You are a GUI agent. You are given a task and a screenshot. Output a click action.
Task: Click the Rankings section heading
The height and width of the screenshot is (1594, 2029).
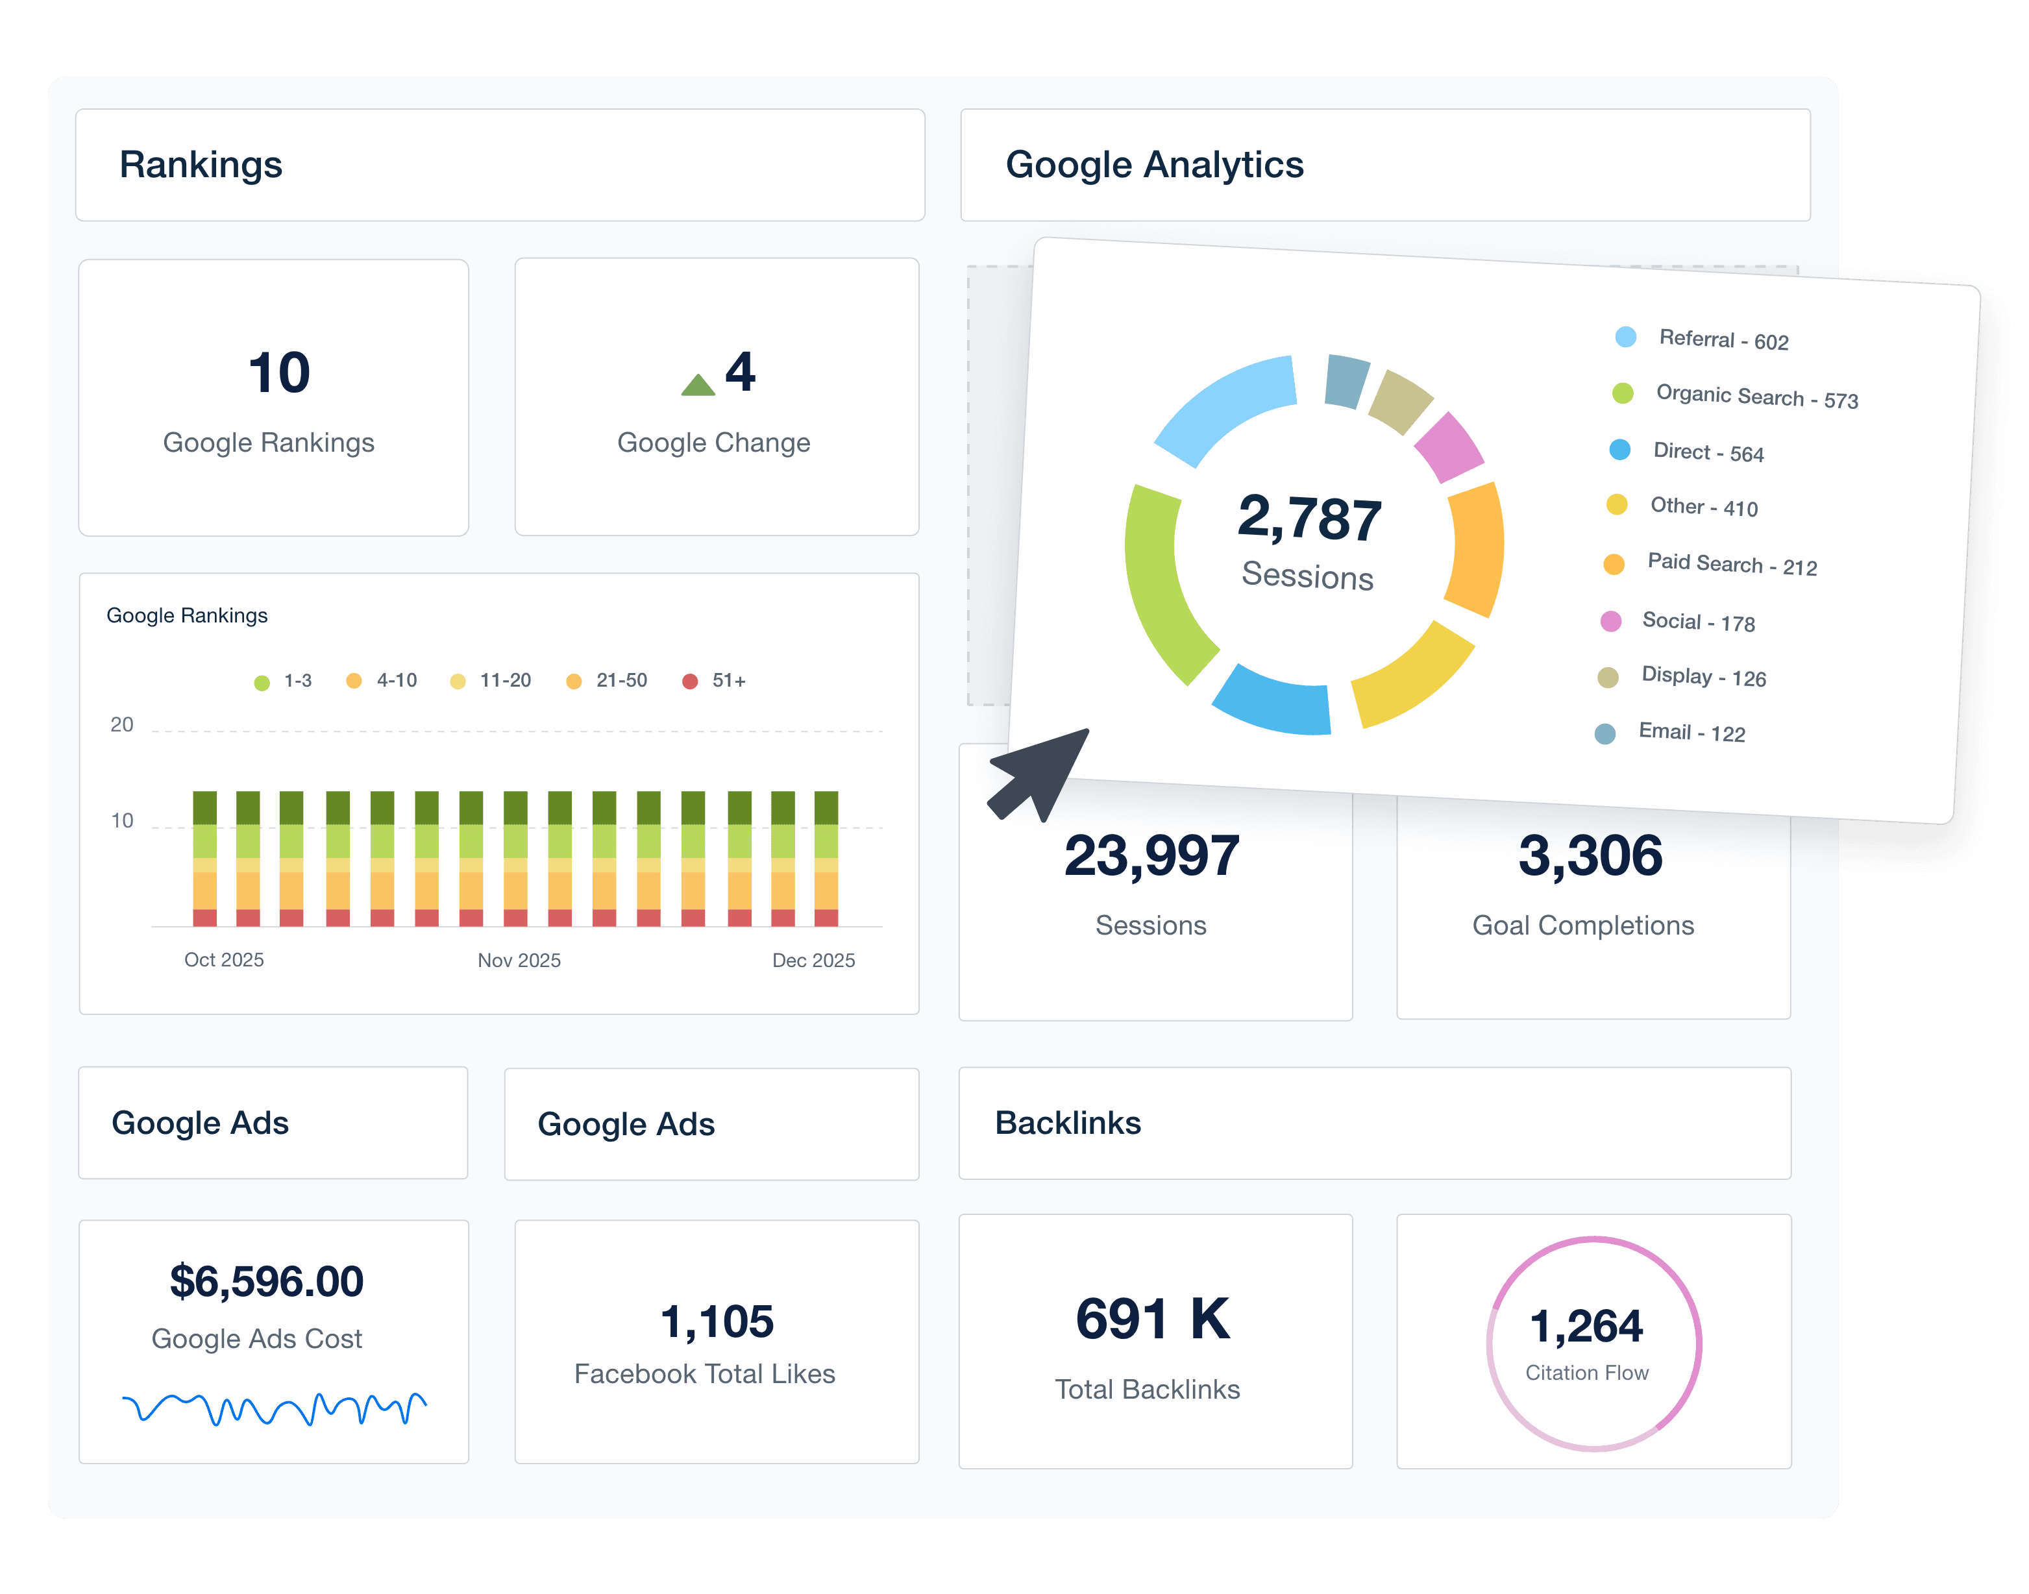pyautogui.click(x=201, y=166)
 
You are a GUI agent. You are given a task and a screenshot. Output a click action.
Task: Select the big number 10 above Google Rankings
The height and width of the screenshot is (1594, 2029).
pyautogui.click(x=278, y=373)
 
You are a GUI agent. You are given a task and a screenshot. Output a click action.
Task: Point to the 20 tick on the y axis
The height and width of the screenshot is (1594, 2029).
pyautogui.click(x=122, y=725)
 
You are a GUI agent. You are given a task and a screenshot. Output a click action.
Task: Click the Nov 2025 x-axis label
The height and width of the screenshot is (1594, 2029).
pyautogui.click(x=519, y=961)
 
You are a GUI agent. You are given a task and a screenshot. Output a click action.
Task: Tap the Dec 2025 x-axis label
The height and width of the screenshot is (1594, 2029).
pyautogui.click(x=813, y=961)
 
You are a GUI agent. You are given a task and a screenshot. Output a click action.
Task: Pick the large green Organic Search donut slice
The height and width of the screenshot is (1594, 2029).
pyautogui.click(x=1160, y=588)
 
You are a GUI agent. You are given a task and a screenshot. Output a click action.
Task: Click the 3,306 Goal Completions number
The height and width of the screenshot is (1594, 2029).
pyautogui.click(x=1590, y=856)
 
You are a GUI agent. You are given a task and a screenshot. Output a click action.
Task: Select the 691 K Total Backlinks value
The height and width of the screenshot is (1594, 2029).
pyautogui.click(x=1153, y=1319)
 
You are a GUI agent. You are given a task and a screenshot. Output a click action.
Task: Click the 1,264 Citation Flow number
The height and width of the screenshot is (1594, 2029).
pyautogui.click(x=1586, y=1326)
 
